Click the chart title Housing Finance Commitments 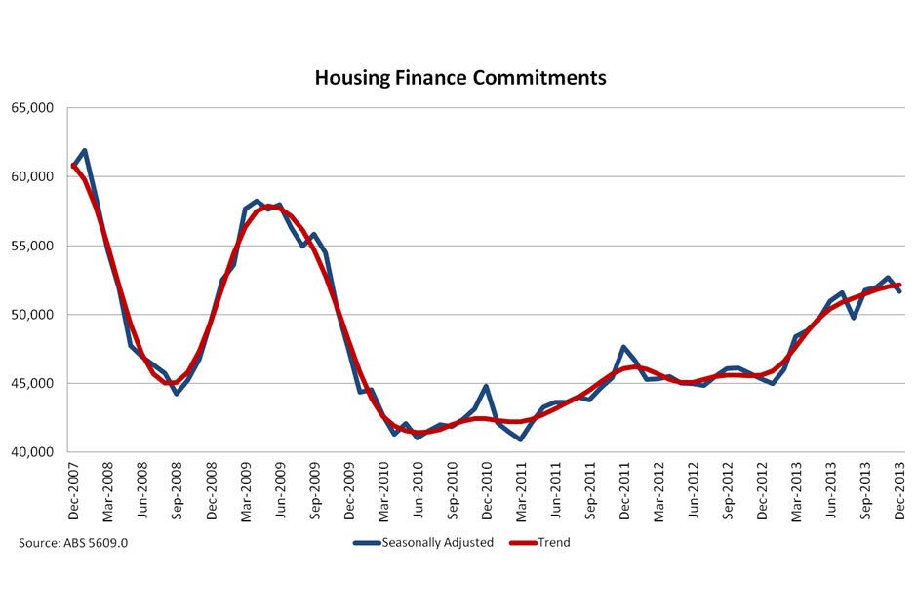pos(459,78)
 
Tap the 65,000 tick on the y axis pos(34,108)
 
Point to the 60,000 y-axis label pos(34,177)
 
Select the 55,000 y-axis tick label pos(34,246)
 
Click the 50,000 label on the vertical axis pos(34,315)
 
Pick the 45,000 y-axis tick pos(34,383)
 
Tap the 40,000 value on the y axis pos(34,452)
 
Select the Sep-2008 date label pos(179,491)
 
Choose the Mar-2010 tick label pos(384,491)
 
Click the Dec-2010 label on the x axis pos(488,491)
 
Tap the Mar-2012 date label pos(659,491)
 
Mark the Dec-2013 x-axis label pos(899,491)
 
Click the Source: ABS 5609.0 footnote pos(73,542)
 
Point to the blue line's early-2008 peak pos(85,151)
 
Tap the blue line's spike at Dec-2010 pos(486,387)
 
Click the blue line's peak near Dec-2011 pos(623,347)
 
